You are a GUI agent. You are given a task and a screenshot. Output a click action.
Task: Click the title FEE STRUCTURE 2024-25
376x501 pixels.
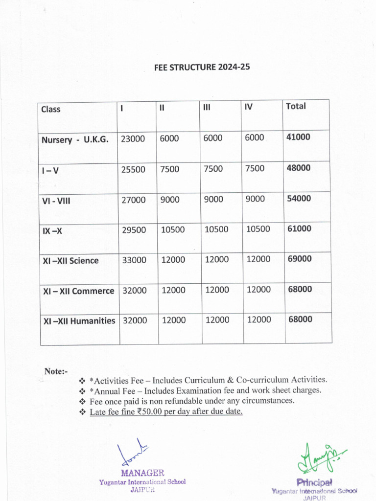coord(202,68)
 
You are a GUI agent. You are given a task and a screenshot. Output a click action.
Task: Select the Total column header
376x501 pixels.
coord(296,106)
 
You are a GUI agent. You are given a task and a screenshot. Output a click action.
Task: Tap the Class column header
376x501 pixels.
coord(51,109)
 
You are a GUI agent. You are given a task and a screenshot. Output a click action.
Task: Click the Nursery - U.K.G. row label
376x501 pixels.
coord(75,139)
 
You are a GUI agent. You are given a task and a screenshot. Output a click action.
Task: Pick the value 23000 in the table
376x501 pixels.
coord(133,139)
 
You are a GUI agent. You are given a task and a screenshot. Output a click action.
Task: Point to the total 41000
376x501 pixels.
coord(298,137)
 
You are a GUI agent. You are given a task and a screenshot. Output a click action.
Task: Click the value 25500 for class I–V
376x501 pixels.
coord(133,169)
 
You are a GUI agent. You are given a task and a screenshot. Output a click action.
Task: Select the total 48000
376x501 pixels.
coord(299,168)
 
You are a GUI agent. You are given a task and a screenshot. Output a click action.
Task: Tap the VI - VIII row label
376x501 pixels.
coord(56,200)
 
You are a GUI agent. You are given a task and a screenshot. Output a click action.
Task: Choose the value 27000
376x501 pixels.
coord(133,200)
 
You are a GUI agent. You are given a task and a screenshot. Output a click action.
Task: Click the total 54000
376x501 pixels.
coord(299,199)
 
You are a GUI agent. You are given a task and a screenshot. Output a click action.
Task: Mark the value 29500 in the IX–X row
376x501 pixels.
coord(134,230)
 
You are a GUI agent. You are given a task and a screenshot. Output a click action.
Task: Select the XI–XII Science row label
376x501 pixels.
coord(70,261)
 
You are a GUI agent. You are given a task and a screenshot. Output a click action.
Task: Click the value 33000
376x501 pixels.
coord(134,260)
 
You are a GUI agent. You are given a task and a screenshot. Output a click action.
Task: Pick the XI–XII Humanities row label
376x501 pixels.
coord(79,321)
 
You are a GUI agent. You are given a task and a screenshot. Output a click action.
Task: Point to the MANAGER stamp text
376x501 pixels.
coord(142,473)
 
